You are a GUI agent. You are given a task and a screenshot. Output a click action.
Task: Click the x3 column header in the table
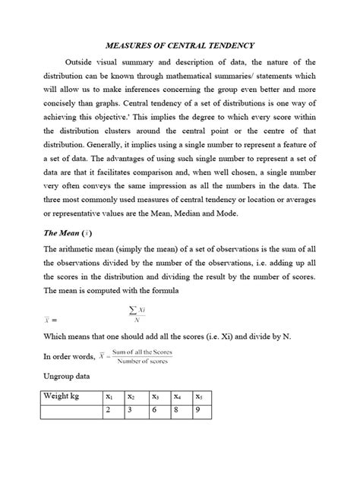tap(156, 396)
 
